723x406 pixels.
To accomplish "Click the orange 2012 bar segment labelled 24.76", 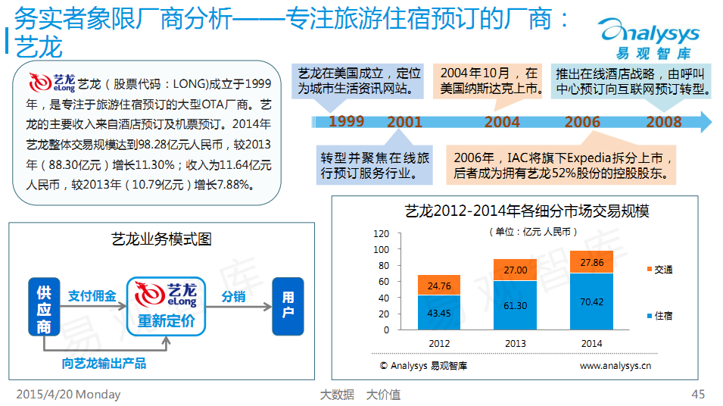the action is click(x=439, y=285).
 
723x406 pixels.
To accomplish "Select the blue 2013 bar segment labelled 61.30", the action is click(x=515, y=305).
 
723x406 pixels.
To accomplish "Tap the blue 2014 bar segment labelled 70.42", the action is click(x=591, y=301).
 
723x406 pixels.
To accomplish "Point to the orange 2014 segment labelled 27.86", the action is click(x=591, y=262).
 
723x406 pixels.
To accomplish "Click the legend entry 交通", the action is click(x=660, y=270).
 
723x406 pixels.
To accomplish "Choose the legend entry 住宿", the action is click(x=660, y=316).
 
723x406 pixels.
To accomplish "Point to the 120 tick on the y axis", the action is click(x=382, y=234).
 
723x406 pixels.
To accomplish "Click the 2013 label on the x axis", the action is click(x=515, y=344).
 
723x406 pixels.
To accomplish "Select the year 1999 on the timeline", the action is click(x=346, y=121).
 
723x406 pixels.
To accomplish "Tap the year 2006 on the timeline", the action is click(x=582, y=122).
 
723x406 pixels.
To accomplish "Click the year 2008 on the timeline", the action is click(x=663, y=122).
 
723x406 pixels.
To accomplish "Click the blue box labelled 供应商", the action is click(x=44, y=306).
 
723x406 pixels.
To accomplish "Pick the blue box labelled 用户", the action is click(x=288, y=306).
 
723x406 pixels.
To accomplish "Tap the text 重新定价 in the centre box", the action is click(x=166, y=320).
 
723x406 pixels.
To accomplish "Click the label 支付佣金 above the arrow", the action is click(x=92, y=295).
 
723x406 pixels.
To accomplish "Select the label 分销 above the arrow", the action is click(x=233, y=297).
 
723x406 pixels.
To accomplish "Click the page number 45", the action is click(x=698, y=394).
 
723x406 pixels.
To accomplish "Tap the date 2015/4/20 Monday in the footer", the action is click(x=68, y=395).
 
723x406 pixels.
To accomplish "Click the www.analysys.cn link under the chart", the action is click(x=615, y=366).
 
